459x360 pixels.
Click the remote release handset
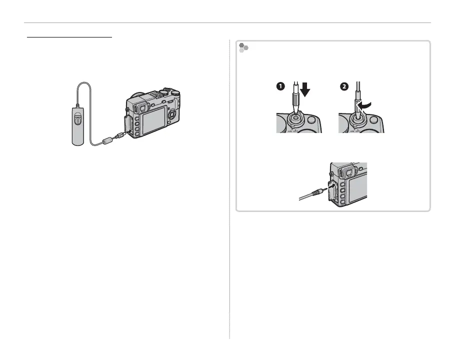point(76,127)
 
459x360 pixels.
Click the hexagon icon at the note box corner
point(243,48)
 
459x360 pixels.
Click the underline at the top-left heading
point(70,36)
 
